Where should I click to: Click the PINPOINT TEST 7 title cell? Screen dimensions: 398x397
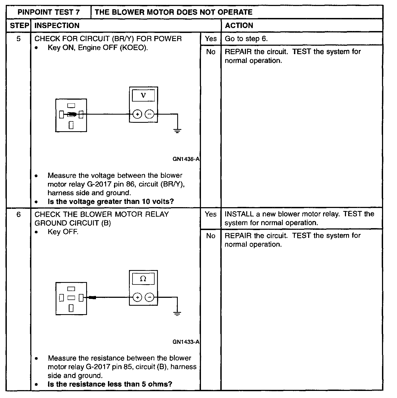click(x=49, y=12)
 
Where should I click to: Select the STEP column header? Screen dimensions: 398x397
click(x=19, y=26)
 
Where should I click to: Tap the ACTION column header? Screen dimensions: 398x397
click(x=239, y=26)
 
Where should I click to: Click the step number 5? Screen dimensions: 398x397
click(x=19, y=39)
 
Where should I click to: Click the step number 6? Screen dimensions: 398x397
click(x=19, y=215)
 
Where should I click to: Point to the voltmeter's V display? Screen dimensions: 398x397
click(x=143, y=95)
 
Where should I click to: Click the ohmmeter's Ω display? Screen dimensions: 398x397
click(x=143, y=279)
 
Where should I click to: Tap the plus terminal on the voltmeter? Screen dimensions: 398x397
click(x=137, y=114)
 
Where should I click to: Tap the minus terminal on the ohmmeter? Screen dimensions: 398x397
click(x=149, y=298)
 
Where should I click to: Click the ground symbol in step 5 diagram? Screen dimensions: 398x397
click(x=178, y=131)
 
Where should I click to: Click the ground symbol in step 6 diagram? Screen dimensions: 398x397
click(x=178, y=314)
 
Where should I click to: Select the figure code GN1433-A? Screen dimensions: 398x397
click(x=186, y=342)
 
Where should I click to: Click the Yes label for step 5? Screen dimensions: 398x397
click(x=211, y=39)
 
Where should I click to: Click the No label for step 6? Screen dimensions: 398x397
click(x=211, y=236)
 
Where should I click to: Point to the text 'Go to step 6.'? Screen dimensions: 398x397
click(x=246, y=39)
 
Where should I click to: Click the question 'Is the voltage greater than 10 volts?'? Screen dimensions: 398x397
click(x=111, y=202)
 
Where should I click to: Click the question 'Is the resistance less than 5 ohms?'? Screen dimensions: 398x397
click(x=110, y=384)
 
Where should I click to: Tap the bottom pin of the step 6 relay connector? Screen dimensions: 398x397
click(x=71, y=308)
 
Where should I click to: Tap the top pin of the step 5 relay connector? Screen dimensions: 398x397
click(x=71, y=105)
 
